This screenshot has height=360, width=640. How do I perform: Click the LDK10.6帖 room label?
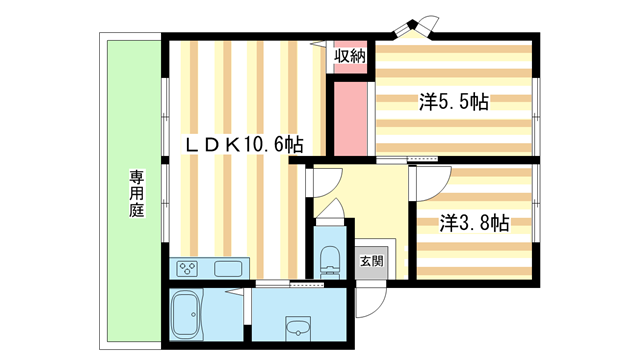pos(244,144)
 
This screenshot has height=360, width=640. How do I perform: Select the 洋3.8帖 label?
pos(474,222)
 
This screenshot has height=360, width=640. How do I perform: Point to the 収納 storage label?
pos(350,55)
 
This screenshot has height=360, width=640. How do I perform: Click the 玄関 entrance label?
pos(371,261)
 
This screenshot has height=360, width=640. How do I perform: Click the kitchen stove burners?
pos(189,268)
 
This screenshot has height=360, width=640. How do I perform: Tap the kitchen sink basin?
pos(226,268)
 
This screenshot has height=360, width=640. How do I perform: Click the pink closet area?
pos(351,118)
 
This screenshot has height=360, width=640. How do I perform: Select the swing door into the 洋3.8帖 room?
pos(425,182)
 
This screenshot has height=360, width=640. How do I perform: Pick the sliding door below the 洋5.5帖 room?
pos(420,159)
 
